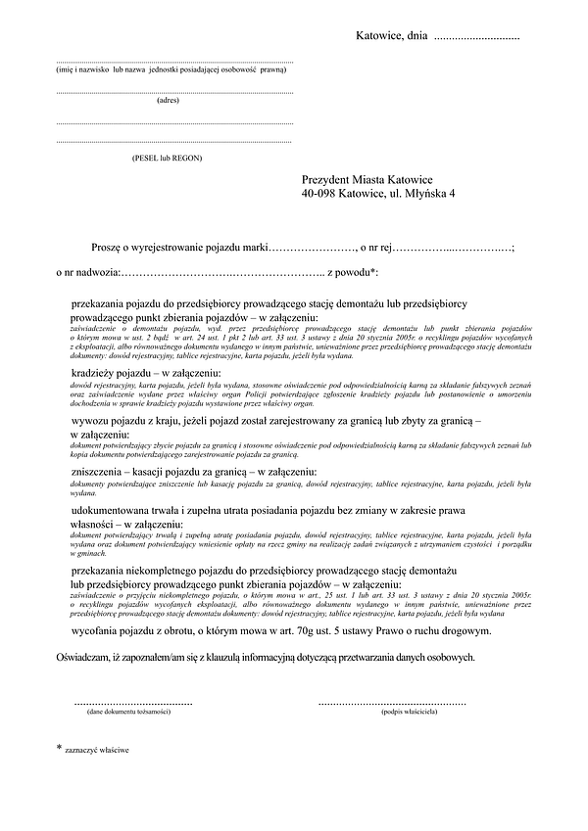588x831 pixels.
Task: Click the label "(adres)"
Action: point(169,100)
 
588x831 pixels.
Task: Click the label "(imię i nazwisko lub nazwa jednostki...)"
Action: point(171,70)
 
